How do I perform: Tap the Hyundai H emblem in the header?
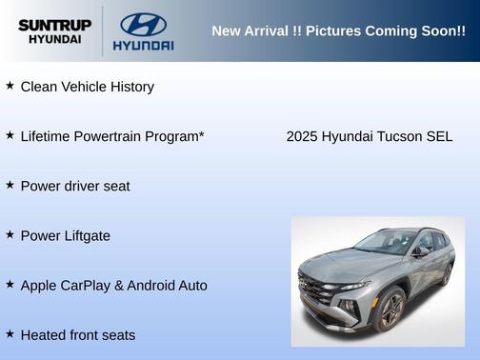pos(143,23)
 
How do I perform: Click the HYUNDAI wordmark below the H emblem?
pos(143,45)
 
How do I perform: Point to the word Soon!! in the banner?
pos(439,30)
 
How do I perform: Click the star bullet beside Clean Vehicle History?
pos(10,86)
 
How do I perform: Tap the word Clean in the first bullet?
pos(39,87)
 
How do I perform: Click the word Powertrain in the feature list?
pos(107,136)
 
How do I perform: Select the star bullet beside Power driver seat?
pos(10,185)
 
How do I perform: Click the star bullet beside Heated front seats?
pos(10,334)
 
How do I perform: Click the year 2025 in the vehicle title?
pos(302,136)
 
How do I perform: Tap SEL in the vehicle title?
pos(440,136)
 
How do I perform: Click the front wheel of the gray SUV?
pos(390,310)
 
